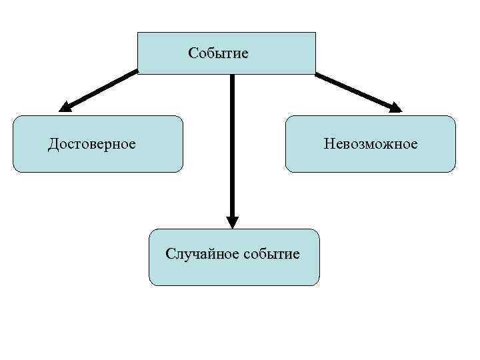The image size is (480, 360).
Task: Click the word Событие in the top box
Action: tap(218, 53)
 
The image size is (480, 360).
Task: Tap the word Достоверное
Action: tap(92, 144)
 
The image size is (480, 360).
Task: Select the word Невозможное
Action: tap(371, 144)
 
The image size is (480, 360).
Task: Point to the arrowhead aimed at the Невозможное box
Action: tap(396, 106)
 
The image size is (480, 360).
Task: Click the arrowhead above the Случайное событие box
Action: tap(232, 222)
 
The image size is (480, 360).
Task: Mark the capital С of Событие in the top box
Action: tap(193, 53)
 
